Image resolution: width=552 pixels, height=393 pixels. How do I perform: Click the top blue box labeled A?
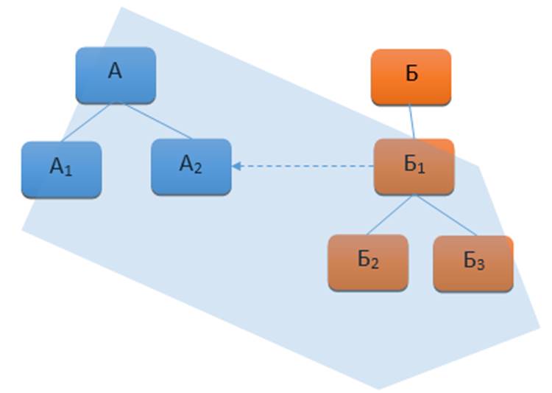pyautogui.click(x=116, y=74)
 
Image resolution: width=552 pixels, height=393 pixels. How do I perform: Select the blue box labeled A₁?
pyautogui.click(x=61, y=169)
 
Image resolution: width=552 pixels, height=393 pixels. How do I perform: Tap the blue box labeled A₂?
pyautogui.click(x=191, y=167)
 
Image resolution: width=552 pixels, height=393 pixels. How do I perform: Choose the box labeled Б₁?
pyautogui.click(x=414, y=167)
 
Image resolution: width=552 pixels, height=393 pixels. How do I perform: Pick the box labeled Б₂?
pyautogui.click(x=368, y=262)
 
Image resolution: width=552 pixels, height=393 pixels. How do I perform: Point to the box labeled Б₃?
pyautogui.click(x=473, y=263)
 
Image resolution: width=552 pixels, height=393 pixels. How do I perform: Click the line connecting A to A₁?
pyautogui.click(x=85, y=122)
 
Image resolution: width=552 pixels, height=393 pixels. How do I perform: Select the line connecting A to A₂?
pyautogui.click(x=158, y=121)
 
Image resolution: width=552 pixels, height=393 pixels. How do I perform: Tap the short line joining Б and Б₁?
pyautogui.click(x=412, y=121)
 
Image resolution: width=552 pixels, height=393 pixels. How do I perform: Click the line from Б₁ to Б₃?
pyautogui.click(x=445, y=215)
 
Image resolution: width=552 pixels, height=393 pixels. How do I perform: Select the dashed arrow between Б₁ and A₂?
pyautogui.click(x=305, y=166)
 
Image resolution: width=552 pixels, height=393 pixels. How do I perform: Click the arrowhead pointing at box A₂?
pyautogui.click(x=237, y=166)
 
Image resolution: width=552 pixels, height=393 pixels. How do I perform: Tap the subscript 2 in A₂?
pyautogui.click(x=198, y=167)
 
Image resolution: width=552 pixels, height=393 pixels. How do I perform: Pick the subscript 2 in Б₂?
pyautogui.click(x=375, y=265)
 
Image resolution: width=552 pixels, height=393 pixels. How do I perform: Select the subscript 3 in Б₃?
pyautogui.click(x=480, y=265)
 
